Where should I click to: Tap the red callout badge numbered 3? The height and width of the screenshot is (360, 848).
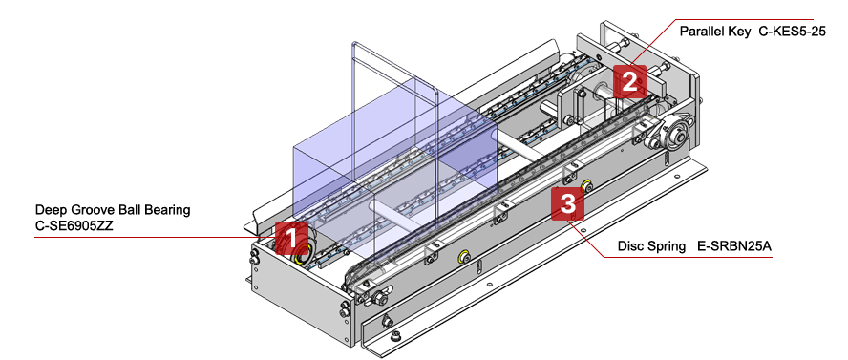click(x=568, y=202)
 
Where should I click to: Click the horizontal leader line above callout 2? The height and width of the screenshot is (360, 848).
click(x=745, y=19)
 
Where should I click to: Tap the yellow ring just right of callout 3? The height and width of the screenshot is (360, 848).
click(x=585, y=183)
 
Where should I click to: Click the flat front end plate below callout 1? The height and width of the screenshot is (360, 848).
click(x=296, y=296)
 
